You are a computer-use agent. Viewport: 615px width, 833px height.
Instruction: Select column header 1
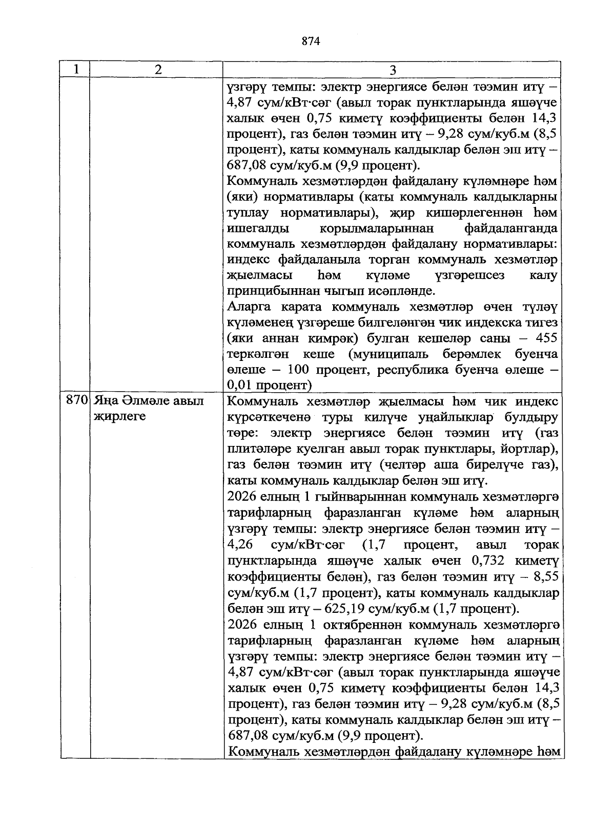click(75, 69)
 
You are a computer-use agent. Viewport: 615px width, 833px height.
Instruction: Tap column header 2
click(157, 70)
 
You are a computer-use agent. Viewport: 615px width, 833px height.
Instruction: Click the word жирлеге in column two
click(119, 416)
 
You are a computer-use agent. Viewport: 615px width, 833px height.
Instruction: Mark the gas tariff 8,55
click(547, 576)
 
